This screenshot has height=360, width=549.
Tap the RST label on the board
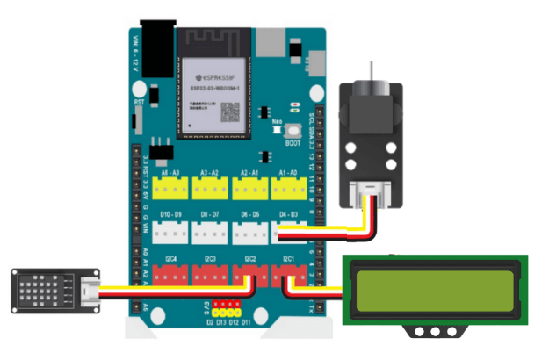pyautogui.click(x=138, y=103)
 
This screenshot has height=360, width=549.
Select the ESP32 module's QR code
pyautogui.click(x=230, y=112)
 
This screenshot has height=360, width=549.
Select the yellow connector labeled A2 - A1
pyautogui.click(x=249, y=187)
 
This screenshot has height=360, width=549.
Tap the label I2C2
pyautogui.click(x=249, y=259)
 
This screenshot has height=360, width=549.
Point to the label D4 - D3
pyautogui.click(x=289, y=215)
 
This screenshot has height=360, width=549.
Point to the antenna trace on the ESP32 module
pyautogui.click(x=215, y=40)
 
